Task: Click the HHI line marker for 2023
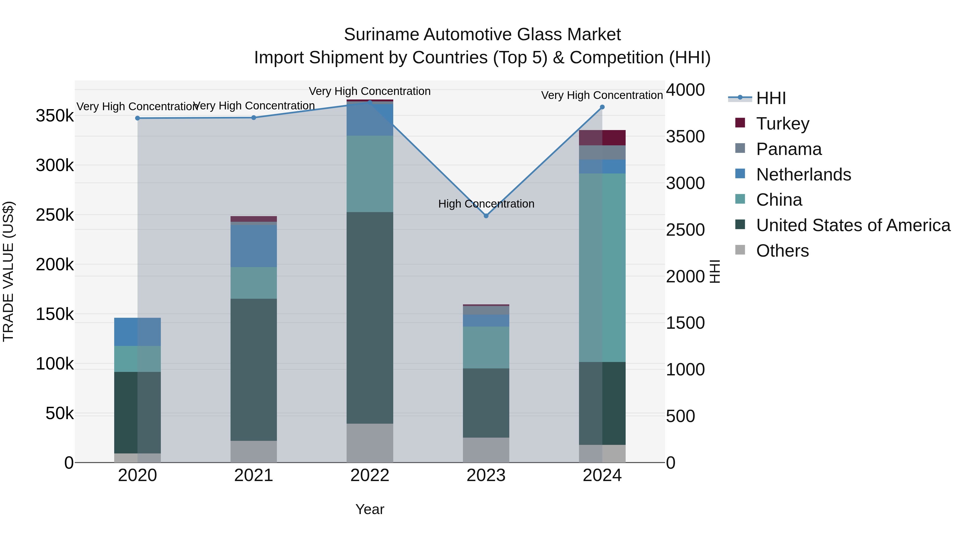(486, 216)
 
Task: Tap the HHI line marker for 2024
(602, 107)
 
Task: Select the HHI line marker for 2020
(138, 118)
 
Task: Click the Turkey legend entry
(782, 124)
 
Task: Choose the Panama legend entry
(789, 149)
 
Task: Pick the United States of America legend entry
(853, 225)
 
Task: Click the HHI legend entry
(771, 98)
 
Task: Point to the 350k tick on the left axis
(55, 116)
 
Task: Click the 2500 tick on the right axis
(685, 230)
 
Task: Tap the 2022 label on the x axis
(370, 475)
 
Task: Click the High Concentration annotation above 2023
(486, 204)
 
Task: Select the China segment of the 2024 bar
(602, 268)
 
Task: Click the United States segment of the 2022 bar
(370, 318)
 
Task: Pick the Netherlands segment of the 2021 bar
(254, 246)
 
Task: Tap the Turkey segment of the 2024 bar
(602, 138)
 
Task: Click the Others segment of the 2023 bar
(486, 450)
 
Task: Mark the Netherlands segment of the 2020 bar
(138, 332)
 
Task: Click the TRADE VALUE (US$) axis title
(8, 271)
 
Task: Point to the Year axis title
(370, 509)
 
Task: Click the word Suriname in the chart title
(381, 35)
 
